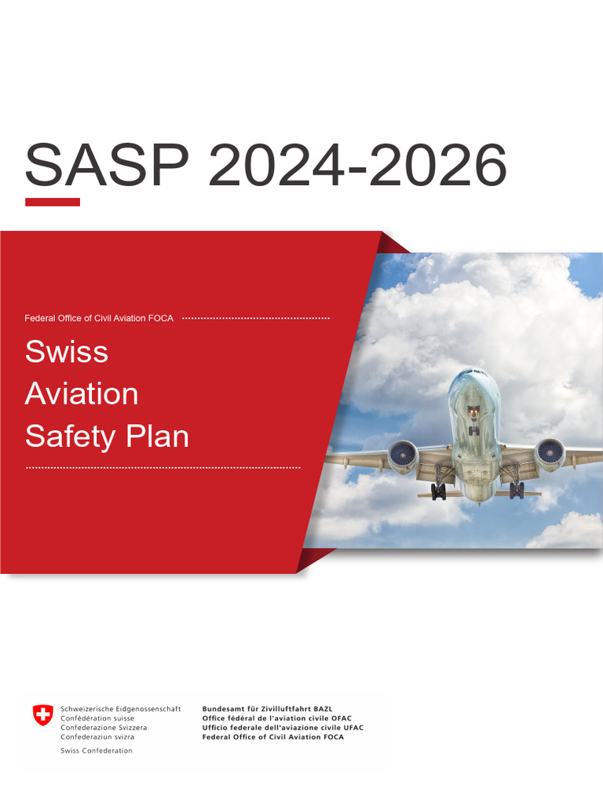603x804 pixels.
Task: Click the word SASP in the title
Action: click(x=107, y=166)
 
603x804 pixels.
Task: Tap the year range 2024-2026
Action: click(x=357, y=166)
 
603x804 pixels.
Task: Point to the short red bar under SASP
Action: click(x=53, y=202)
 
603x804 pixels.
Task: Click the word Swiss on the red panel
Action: click(x=67, y=351)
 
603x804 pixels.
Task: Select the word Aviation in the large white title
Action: click(x=82, y=393)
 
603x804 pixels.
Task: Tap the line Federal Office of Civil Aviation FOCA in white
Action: click(x=99, y=318)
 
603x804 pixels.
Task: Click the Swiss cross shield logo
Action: click(x=43, y=714)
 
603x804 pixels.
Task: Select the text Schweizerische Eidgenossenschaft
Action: click(x=121, y=708)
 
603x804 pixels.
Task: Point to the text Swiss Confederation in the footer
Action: click(x=97, y=751)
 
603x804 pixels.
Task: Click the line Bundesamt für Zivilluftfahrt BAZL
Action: click(x=267, y=708)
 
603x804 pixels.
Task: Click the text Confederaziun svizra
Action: click(x=97, y=737)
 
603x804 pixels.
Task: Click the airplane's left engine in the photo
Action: click(x=403, y=455)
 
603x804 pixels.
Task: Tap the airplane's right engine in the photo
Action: click(x=550, y=454)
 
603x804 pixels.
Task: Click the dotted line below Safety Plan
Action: click(x=163, y=468)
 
